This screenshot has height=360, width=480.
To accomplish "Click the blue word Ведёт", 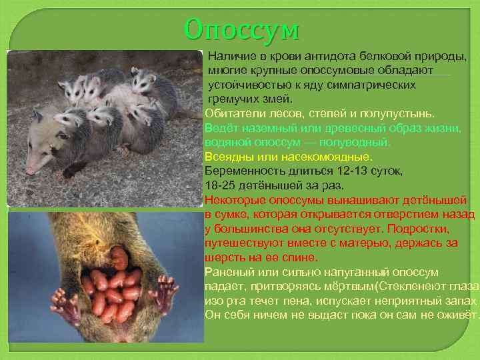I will point(220,128).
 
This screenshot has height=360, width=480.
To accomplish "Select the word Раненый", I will point(227,271).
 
